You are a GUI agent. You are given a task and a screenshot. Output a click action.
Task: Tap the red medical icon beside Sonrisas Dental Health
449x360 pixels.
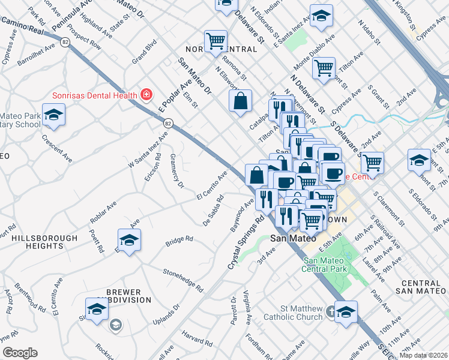coord(145,95)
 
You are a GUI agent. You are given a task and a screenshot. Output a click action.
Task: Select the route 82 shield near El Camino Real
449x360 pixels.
coord(64,41)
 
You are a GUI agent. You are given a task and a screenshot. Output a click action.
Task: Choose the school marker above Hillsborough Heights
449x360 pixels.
coord(129,241)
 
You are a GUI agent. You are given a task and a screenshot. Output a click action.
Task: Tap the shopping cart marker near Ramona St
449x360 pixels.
coord(215,41)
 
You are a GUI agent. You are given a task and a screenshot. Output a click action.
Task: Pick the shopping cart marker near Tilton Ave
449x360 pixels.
coord(324,68)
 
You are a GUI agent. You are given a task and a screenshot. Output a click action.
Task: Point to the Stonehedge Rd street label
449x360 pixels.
coord(182,281)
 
